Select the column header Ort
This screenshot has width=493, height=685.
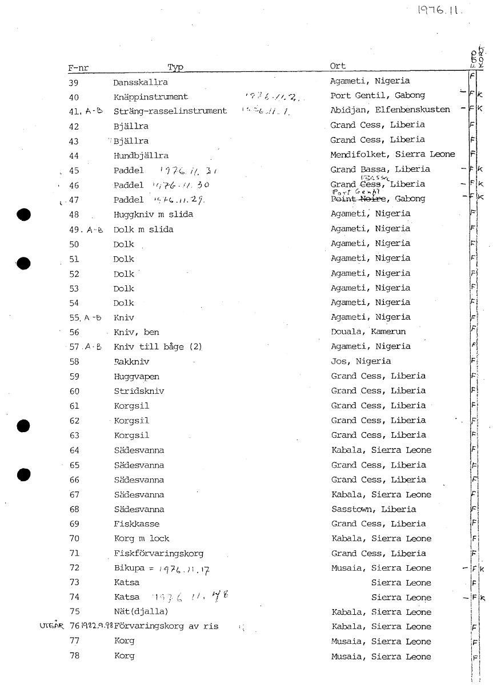338,66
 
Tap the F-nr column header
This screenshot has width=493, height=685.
78,68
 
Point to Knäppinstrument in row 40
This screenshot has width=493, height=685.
151,97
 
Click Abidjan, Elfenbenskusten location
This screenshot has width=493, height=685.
390,110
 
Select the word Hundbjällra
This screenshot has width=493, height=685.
141,155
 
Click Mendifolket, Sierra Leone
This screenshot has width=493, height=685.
393,154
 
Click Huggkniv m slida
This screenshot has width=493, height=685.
153,215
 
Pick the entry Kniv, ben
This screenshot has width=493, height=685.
137,332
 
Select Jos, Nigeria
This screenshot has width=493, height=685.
361,361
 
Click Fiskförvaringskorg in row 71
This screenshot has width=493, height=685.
159,554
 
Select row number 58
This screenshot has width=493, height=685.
74,361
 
